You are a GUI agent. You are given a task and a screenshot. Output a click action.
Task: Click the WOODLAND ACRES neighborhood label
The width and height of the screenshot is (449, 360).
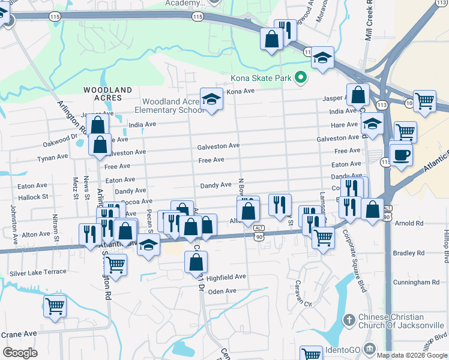point(107,93)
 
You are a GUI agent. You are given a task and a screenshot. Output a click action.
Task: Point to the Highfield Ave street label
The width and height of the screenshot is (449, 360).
point(226,277)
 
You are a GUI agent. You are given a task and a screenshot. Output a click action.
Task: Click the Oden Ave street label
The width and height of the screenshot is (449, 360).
point(222,291)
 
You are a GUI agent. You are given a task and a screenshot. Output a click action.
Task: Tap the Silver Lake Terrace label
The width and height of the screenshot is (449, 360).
point(38,272)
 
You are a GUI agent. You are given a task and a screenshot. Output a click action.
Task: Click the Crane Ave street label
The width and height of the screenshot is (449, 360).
point(19,334)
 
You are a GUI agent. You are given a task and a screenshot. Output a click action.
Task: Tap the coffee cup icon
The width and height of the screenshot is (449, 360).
point(401,154)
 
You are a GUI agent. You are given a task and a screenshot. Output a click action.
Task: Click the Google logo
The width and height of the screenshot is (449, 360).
point(20,353)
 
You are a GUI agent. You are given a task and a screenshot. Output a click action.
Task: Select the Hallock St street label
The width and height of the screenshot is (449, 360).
point(33,197)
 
